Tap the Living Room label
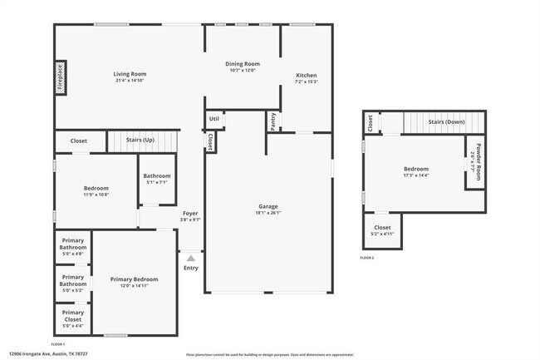pyautogui.click(x=130, y=75)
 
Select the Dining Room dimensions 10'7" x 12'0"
pyautogui.click(x=243, y=71)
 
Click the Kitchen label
pyautogui.click(x=307, y=76)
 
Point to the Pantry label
pyautogui.click(x=272, y=121)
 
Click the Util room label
pyautogui.click(x=214, y=119)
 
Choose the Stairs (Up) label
pyautogui.click(x=140, y=141)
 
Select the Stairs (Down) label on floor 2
pyautogui.click(x=446, y=121)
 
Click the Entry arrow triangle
pyautogui.click(x=190, y=259)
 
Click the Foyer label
pyautogui.click(x=190, y=214)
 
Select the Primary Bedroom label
pyautogui.click(x=134, y=279)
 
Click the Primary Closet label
pyautogui.click(x=72, y=316)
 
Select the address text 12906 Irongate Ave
pyautogui.click(x=37, y=353)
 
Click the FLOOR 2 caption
pyautogui.click(x=367, y=259)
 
